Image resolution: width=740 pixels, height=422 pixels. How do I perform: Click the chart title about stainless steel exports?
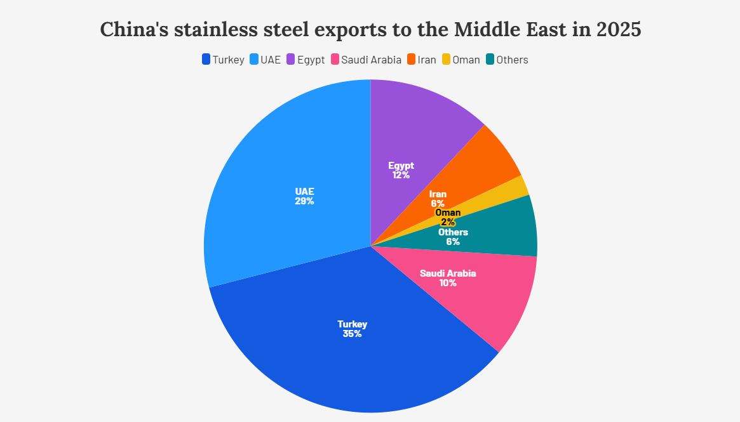point(370,30)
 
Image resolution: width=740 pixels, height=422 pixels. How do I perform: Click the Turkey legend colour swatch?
point(206,60)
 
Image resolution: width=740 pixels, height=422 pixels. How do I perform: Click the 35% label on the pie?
point(352,334)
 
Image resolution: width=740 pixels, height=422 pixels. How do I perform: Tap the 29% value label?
point(304,201)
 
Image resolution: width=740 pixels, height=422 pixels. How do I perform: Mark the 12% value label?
point(401,175)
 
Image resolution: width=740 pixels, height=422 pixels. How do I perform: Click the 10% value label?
point(448,283)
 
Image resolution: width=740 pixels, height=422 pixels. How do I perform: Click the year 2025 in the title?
point(619,30)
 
